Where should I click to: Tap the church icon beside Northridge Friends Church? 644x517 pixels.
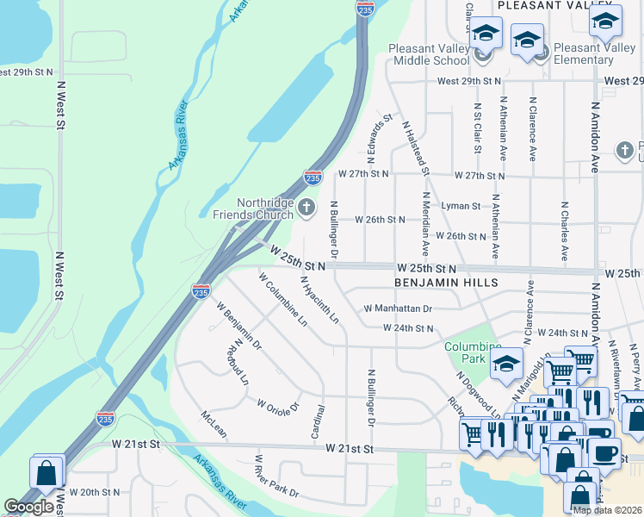click(x=306, y=207)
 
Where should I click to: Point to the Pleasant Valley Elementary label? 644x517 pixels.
click(x=595, y=54)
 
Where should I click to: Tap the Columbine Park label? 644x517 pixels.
click(x=473, y=352)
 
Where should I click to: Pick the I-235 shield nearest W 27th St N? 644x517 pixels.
click(x=313, y=178)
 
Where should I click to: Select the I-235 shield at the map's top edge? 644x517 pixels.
click(x=364, y=8)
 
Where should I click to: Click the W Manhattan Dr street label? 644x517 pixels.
click(x=398, y=308)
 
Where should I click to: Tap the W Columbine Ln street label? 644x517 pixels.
click(x=283, y=299)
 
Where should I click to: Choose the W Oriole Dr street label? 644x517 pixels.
click(x=277, y=405)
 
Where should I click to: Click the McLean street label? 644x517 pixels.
click(x=214, y=424)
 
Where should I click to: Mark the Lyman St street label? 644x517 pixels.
click(x=461, y=207)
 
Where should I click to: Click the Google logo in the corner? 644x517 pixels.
click(x=28, y=507)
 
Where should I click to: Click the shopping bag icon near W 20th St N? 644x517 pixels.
click(x=45, y=473)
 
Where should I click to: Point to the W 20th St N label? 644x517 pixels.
click(x=96, y=492)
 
